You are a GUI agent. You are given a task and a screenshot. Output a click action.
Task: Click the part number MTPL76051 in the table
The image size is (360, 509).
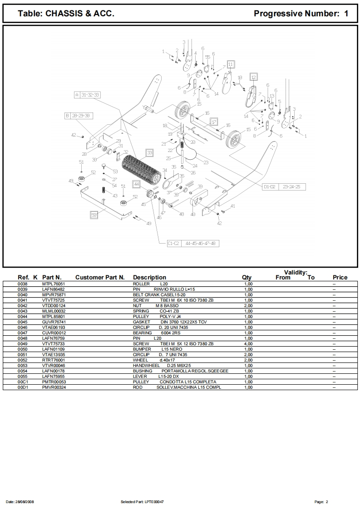54,284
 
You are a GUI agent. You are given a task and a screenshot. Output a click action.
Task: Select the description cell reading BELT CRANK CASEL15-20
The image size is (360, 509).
159,295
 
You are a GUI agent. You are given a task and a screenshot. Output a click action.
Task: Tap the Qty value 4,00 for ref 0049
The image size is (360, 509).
248,344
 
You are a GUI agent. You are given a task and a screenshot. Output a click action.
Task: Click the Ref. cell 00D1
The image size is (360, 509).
23,387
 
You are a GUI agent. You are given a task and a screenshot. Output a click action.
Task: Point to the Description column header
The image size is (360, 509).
149,277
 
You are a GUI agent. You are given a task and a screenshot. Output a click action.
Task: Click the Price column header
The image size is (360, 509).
340,277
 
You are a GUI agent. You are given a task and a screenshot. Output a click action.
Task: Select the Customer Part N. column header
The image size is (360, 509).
100,277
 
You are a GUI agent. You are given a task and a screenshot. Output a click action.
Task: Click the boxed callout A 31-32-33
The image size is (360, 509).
87,95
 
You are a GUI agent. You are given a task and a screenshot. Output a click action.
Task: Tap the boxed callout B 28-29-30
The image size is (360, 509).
79,116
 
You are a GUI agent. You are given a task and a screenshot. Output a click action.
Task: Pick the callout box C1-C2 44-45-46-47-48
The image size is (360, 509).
193,243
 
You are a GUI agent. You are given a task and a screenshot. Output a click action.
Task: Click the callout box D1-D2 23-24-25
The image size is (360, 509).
284,186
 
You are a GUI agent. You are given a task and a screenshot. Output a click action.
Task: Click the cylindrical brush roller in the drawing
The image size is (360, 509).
141,169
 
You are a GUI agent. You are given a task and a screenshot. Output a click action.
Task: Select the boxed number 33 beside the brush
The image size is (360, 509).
149,152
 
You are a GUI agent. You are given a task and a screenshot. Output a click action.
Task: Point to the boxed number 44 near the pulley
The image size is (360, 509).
137,184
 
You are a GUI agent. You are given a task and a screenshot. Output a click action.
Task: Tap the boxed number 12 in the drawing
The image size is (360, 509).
254,77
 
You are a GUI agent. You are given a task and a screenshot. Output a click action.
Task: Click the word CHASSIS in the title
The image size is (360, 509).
64,13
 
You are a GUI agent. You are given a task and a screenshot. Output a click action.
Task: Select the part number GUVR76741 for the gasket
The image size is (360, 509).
54,322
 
